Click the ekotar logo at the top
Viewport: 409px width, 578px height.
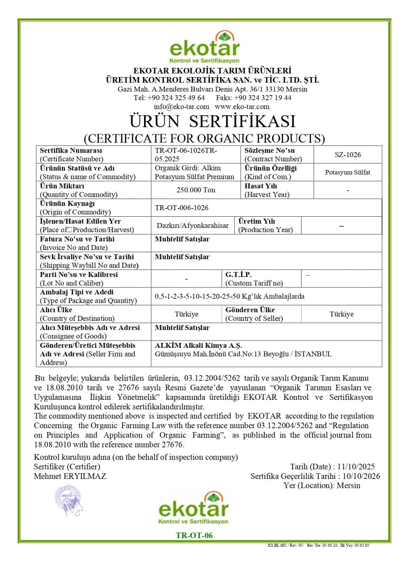click(204, 47)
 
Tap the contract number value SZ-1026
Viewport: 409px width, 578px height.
click(347, 155)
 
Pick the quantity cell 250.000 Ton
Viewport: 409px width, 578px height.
click(196, 190)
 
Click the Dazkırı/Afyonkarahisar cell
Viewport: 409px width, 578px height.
click(193, 225)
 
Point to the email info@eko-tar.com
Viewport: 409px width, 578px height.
click(181, 106)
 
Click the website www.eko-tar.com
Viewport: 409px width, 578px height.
click(242, 106)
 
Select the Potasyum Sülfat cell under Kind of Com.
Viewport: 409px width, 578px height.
click(347, 172)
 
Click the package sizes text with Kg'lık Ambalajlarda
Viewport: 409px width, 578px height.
click(229, 296)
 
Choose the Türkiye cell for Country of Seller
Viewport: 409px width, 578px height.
click(341, 314)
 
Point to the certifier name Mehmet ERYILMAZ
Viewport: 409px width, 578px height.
click(70, 476)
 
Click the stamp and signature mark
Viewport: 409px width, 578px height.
click(68, 500)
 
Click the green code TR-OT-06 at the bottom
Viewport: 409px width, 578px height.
click(194, 535)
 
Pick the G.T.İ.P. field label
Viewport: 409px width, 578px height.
click(238, 275)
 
